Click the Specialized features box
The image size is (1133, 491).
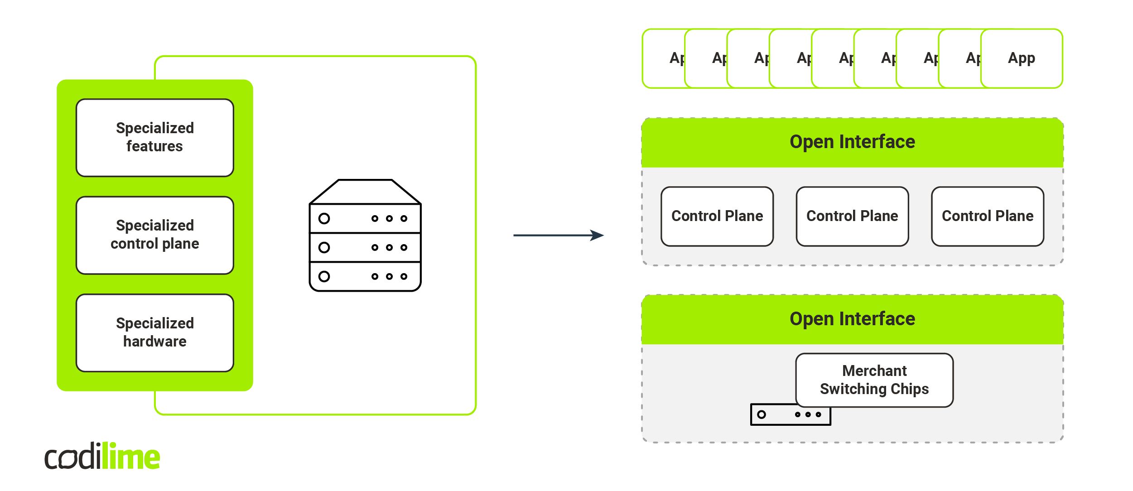(155, 138)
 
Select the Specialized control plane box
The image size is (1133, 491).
(155, 235)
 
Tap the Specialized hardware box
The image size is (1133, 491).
(155, 333)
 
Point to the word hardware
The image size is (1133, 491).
(155, 342)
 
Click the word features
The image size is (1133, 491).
(154, 146)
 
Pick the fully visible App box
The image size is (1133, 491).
(1022, 58)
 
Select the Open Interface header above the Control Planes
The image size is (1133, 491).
(852, 142)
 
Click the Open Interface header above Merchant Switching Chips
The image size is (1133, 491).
(852, 319)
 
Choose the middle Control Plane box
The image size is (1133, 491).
(852, 216)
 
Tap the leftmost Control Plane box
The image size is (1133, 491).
(717, 216)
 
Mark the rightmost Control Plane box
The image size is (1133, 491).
(988, 216)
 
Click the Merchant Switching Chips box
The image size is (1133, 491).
(874, 380)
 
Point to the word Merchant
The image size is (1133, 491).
(874, 371)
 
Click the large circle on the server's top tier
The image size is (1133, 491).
(324, 219)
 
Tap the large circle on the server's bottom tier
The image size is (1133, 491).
(324, 276)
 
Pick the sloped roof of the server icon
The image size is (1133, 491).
(365, 192)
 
